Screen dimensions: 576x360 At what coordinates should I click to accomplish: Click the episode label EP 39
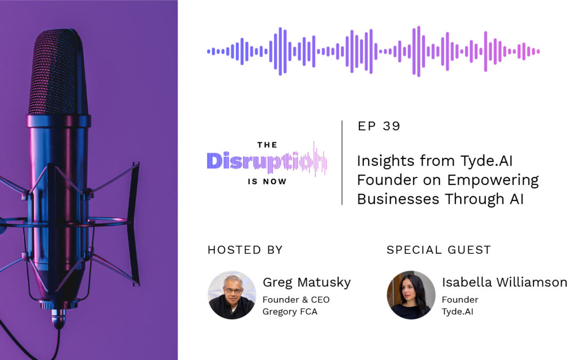379,126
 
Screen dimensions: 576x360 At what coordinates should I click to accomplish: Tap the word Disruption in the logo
267,161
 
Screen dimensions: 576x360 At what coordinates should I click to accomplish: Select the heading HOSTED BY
245,250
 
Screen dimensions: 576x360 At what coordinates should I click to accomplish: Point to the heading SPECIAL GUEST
438,250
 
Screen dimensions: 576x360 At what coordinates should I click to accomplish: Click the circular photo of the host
232,295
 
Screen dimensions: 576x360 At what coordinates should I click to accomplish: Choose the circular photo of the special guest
411,295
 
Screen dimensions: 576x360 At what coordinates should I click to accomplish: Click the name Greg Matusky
307,283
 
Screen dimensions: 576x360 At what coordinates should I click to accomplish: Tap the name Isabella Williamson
505,282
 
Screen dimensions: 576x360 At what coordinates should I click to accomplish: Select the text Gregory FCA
290,311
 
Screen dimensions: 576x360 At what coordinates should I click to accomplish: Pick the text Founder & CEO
296,300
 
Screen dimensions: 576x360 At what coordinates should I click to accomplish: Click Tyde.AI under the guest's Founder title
458,311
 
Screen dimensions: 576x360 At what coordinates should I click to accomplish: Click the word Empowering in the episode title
493,181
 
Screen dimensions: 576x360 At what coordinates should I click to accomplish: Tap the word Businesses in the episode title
398,199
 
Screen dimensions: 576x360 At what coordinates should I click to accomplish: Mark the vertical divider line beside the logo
342,162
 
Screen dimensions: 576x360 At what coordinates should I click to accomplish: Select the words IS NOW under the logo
267,181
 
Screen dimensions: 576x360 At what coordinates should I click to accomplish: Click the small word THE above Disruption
267,145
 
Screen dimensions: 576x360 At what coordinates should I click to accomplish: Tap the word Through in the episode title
475,199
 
